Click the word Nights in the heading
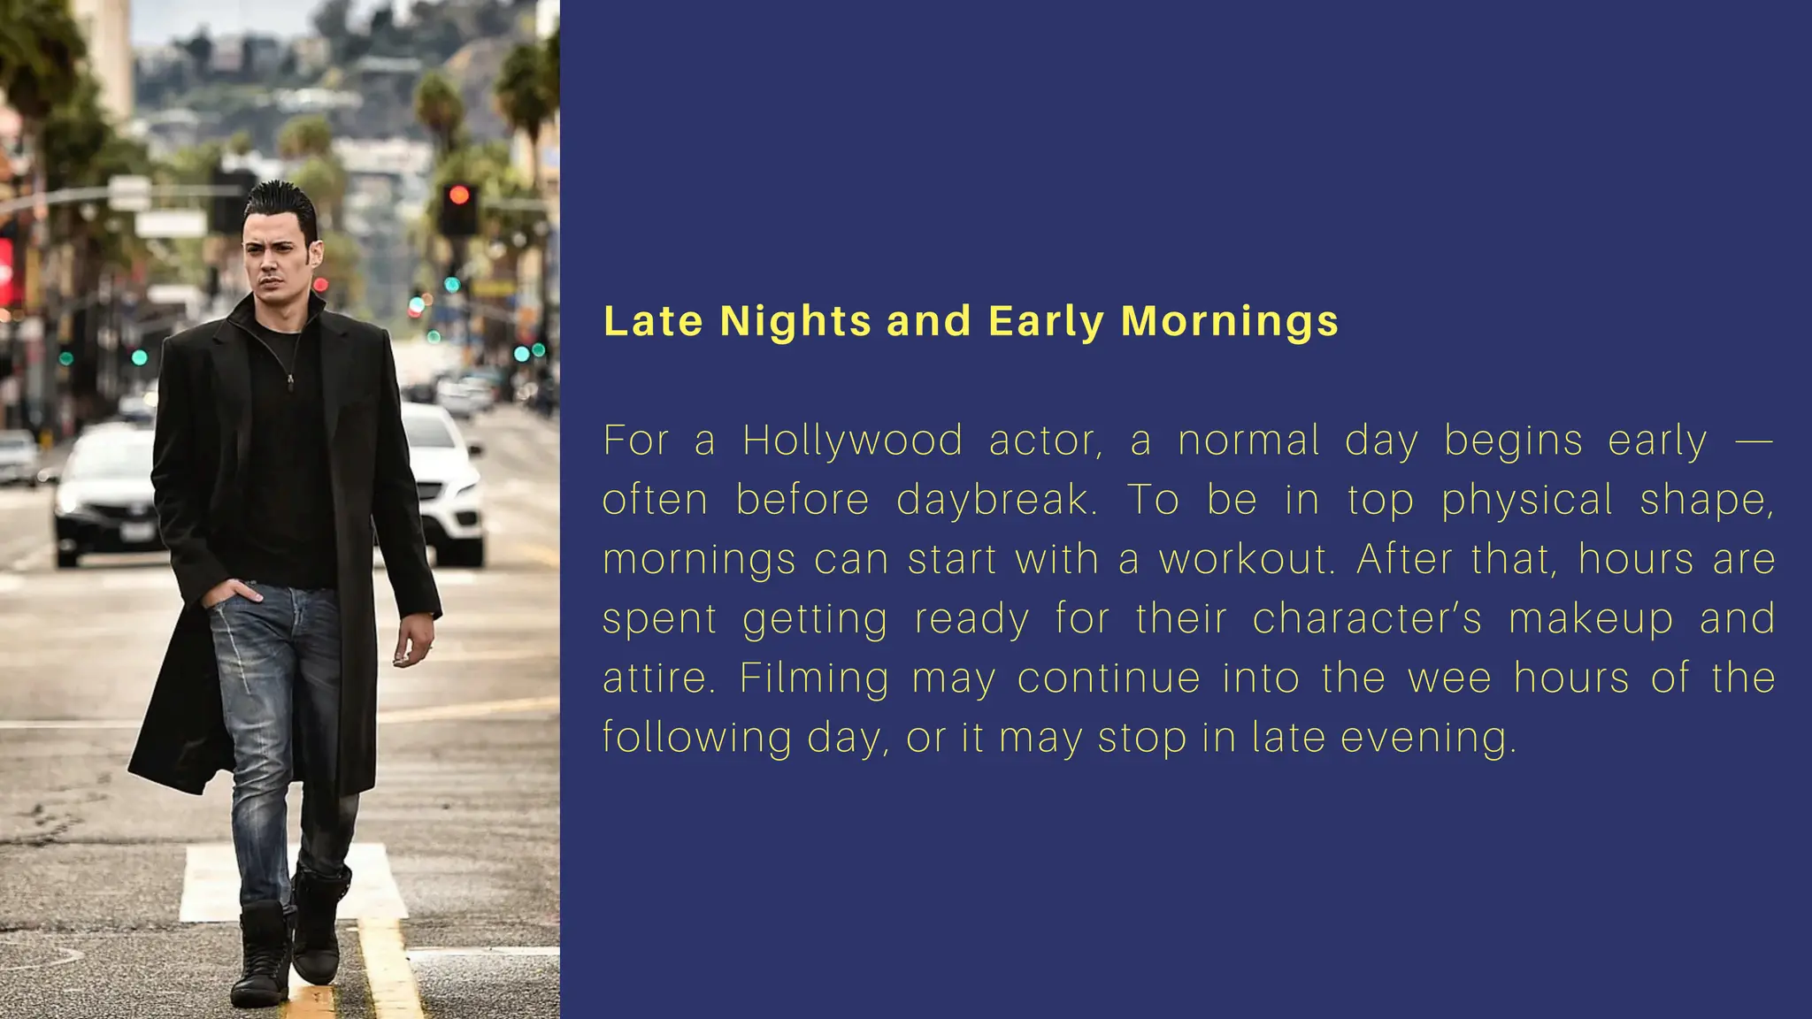tap(795, 321)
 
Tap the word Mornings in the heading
tap(1229, 321)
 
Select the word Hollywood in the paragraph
tap(852, 441)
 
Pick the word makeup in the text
tap(1591, 618)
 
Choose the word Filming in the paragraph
tap(814, 678)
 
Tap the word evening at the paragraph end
tap(1428, 738)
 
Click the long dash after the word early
tap(1754, 441)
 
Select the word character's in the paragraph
tap(1367, 618)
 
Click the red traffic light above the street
tap(459, 195)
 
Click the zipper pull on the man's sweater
tap(289, 381)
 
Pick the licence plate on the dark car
tap(138, 531)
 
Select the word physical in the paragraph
tap(1527, 500)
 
